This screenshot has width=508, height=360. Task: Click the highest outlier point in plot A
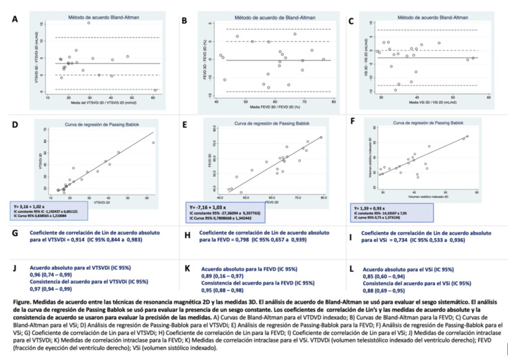click(88, 23)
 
